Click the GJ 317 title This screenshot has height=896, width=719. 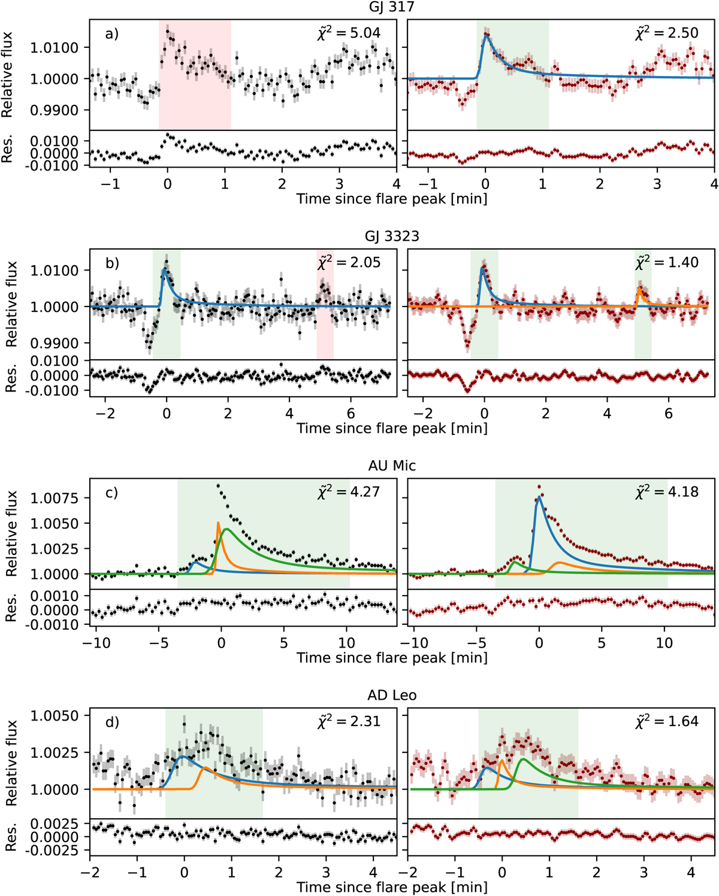pyautogui.click(x=392, y=7)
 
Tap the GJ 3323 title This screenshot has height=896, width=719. pyautogui.click(x=392, y=236)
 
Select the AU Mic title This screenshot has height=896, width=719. pyautogui.click(x=392, y=466)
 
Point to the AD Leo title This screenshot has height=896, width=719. pyautogui.click(x=392, y=695)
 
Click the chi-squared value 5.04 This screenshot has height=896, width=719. pyautogui.click(x=349, y=32)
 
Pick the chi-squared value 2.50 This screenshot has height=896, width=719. pyautogui.click(x=667, y=32)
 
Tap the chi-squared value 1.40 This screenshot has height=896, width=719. pyautogui.click(x=667, y=262)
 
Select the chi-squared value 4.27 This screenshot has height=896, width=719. pyautogui.click(x=349, y=491)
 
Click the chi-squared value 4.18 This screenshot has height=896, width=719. pyautogui.click(x=667, y=491)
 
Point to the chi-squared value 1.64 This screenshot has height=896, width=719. pyautogui.click(x=667, y=721)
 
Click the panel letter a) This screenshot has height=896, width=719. pyautogui.click(x=112, y=34)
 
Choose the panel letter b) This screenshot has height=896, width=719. pyautogui.click(x=112, y=263)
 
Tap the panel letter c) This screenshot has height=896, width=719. pyautogui.click(x=112, y=493)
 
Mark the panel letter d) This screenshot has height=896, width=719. pyautogui.click(x=112, y=722)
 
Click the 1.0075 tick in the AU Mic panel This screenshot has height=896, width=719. pyautogui.click(x=59, y=499)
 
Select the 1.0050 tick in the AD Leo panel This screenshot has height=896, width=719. pyautogui.click(x=59, y=716)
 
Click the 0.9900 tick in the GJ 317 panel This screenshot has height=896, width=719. pyautogui.click(x=59, y=110)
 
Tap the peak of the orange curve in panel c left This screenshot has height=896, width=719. pyautogui.click(x=218, y=523)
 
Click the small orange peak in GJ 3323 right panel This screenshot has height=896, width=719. pyautogui.click(x=639, y=289)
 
